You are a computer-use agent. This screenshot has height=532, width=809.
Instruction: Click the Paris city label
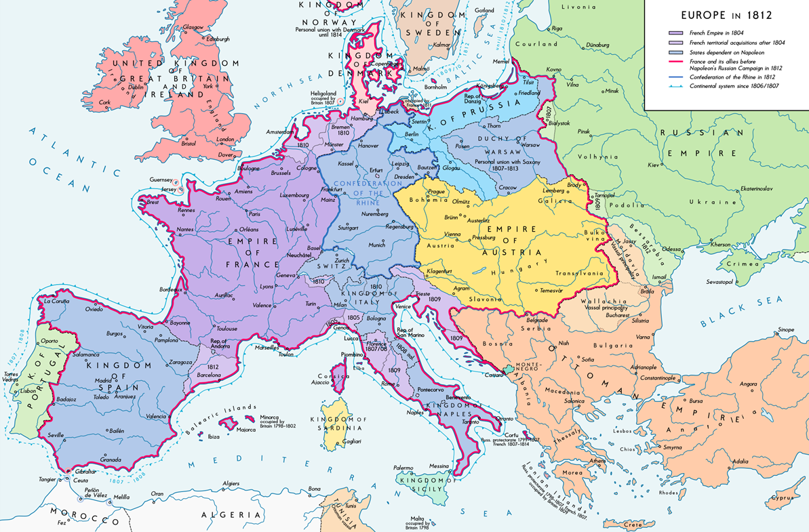pyautogui.click(x=254, y=214)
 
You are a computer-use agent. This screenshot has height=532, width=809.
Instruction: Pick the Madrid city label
pyautogui.click(x=104, y=380)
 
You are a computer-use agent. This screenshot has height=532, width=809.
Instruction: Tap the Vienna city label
pyautogui.click(x=452, y=234)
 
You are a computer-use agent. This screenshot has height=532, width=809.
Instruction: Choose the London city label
pyautogui.click(x=225, y=139)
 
